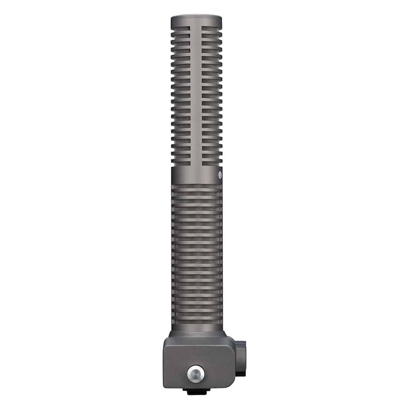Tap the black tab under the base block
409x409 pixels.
196,391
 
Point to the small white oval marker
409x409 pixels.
219,175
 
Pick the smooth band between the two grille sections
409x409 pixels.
196,175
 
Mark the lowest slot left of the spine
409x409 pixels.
181,163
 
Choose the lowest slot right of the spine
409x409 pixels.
212,163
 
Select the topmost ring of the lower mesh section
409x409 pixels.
197,187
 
